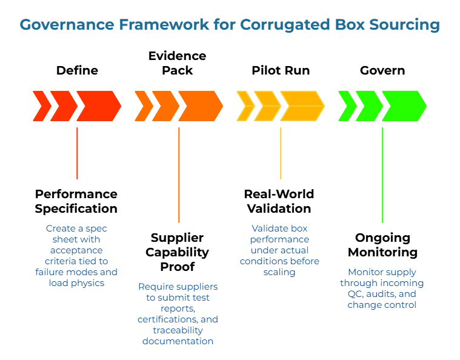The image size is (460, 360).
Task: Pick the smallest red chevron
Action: [x=41, y=106]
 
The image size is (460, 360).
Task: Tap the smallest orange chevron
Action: [x=143, y=106]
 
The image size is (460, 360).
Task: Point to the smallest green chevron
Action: [x=347, y=106]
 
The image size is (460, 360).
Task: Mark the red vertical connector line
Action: [x=77, y=153]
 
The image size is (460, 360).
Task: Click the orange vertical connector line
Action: [x=179, y=175]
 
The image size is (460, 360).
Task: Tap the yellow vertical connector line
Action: [x=281, y=153]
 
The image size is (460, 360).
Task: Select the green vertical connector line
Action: [x=382, y=175]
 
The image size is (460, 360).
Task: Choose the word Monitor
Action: [x=364, y=272]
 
